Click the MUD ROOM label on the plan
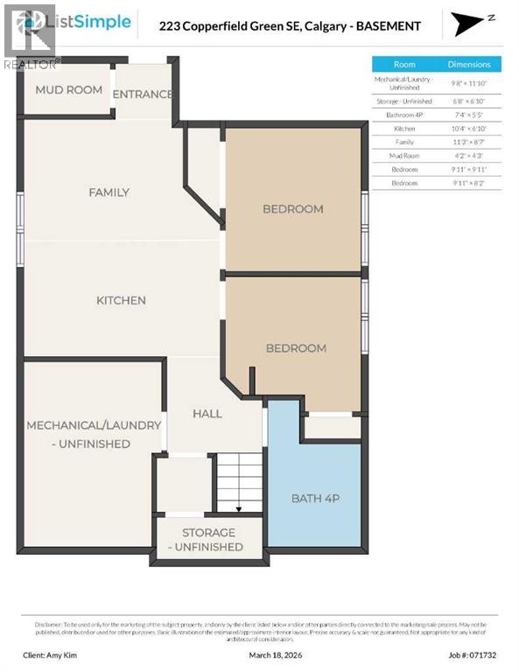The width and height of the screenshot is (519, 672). click(68, 90)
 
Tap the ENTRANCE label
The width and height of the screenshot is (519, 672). click(144, 94)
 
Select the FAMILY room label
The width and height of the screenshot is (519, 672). click(109, 192)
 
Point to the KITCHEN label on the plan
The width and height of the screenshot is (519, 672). click(121, 300)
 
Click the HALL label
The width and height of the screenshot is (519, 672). click(207, 413)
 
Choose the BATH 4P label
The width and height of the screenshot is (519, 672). click(314, 498)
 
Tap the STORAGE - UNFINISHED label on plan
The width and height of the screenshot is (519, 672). click(208, 539)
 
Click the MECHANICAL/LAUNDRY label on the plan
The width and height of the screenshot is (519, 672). click(94, 434)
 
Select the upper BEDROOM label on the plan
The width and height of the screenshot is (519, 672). click(293, 209)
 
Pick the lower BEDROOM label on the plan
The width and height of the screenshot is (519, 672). click(296, 348)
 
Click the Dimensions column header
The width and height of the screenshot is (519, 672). click(469, 65)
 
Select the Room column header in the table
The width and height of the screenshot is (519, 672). click(404, 65)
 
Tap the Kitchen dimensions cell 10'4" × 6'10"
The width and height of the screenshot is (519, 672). click(469, 128)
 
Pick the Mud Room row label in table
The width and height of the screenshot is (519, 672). click(404, 155)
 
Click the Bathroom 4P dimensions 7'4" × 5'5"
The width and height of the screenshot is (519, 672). click(469, 115)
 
